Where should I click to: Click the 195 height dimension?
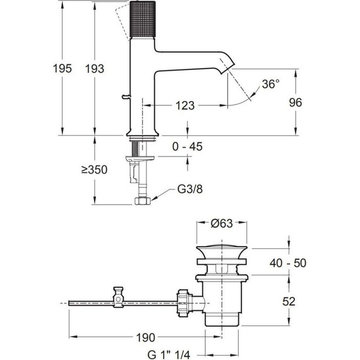click(63, 68)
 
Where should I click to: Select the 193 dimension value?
click(95, 69)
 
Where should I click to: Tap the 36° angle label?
click(271, 84)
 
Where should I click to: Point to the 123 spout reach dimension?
click(185, 105)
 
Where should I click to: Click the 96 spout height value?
click(295, 102)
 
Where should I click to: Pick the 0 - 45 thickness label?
click(188, 147)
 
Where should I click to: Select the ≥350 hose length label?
click(94, 170)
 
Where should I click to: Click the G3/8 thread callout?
click(190, 189)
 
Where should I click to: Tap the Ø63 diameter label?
click(222, 223)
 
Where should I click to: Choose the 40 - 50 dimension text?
click(288, 263)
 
